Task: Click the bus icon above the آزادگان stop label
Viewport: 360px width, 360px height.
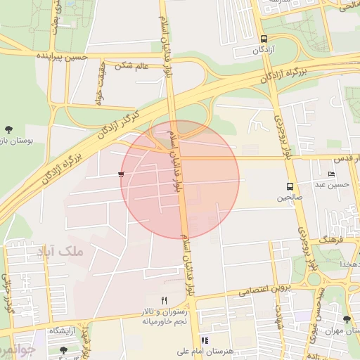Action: tap(264, 39)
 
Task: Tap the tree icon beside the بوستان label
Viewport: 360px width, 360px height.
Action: tap(8, 129)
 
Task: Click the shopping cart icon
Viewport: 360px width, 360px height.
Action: tap(122, 174)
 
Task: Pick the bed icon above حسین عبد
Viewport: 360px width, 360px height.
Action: tap(331, 174)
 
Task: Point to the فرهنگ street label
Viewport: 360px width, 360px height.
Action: tap(333, 240)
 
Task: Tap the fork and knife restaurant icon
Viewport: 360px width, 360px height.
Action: tap(165, 299)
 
